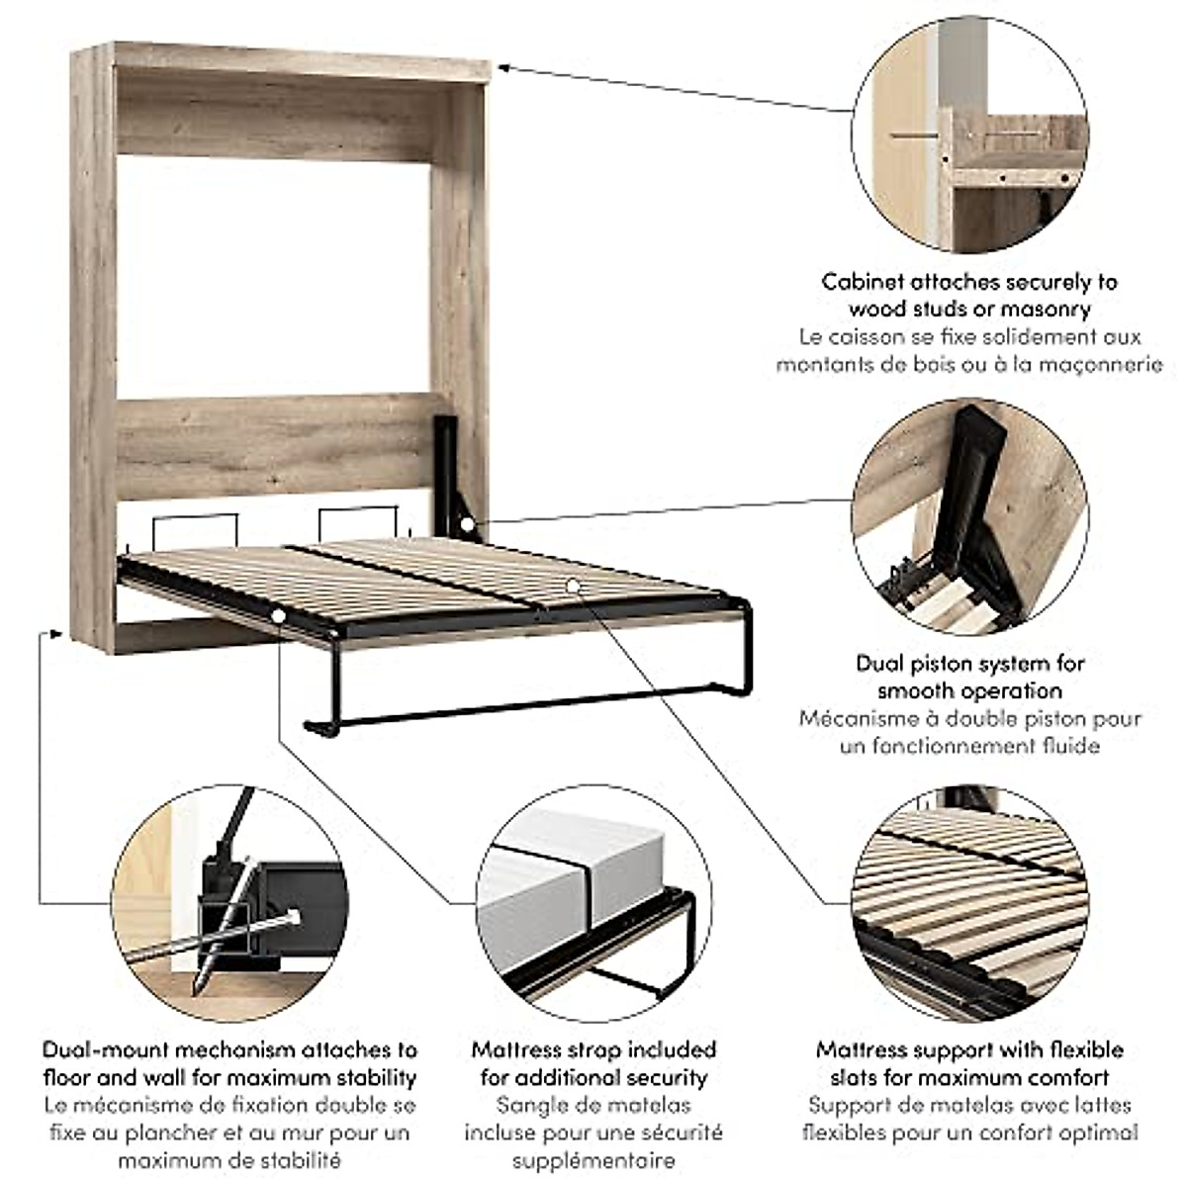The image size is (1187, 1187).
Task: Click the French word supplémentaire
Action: pyautogui.click(x=593, y=1160)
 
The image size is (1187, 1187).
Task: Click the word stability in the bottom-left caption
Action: pyautogui.click(x=370, y=1077)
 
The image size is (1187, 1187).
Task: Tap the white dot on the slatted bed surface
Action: pyautogui.click(x=572, y=586)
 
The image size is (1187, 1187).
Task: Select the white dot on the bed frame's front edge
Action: pyautogui.click(x=278, y=617)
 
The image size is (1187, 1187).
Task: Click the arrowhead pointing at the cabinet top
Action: pyautogui.click(x=502, y=68)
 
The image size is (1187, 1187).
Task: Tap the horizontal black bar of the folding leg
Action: pyautogui.click(x=524, y=703)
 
